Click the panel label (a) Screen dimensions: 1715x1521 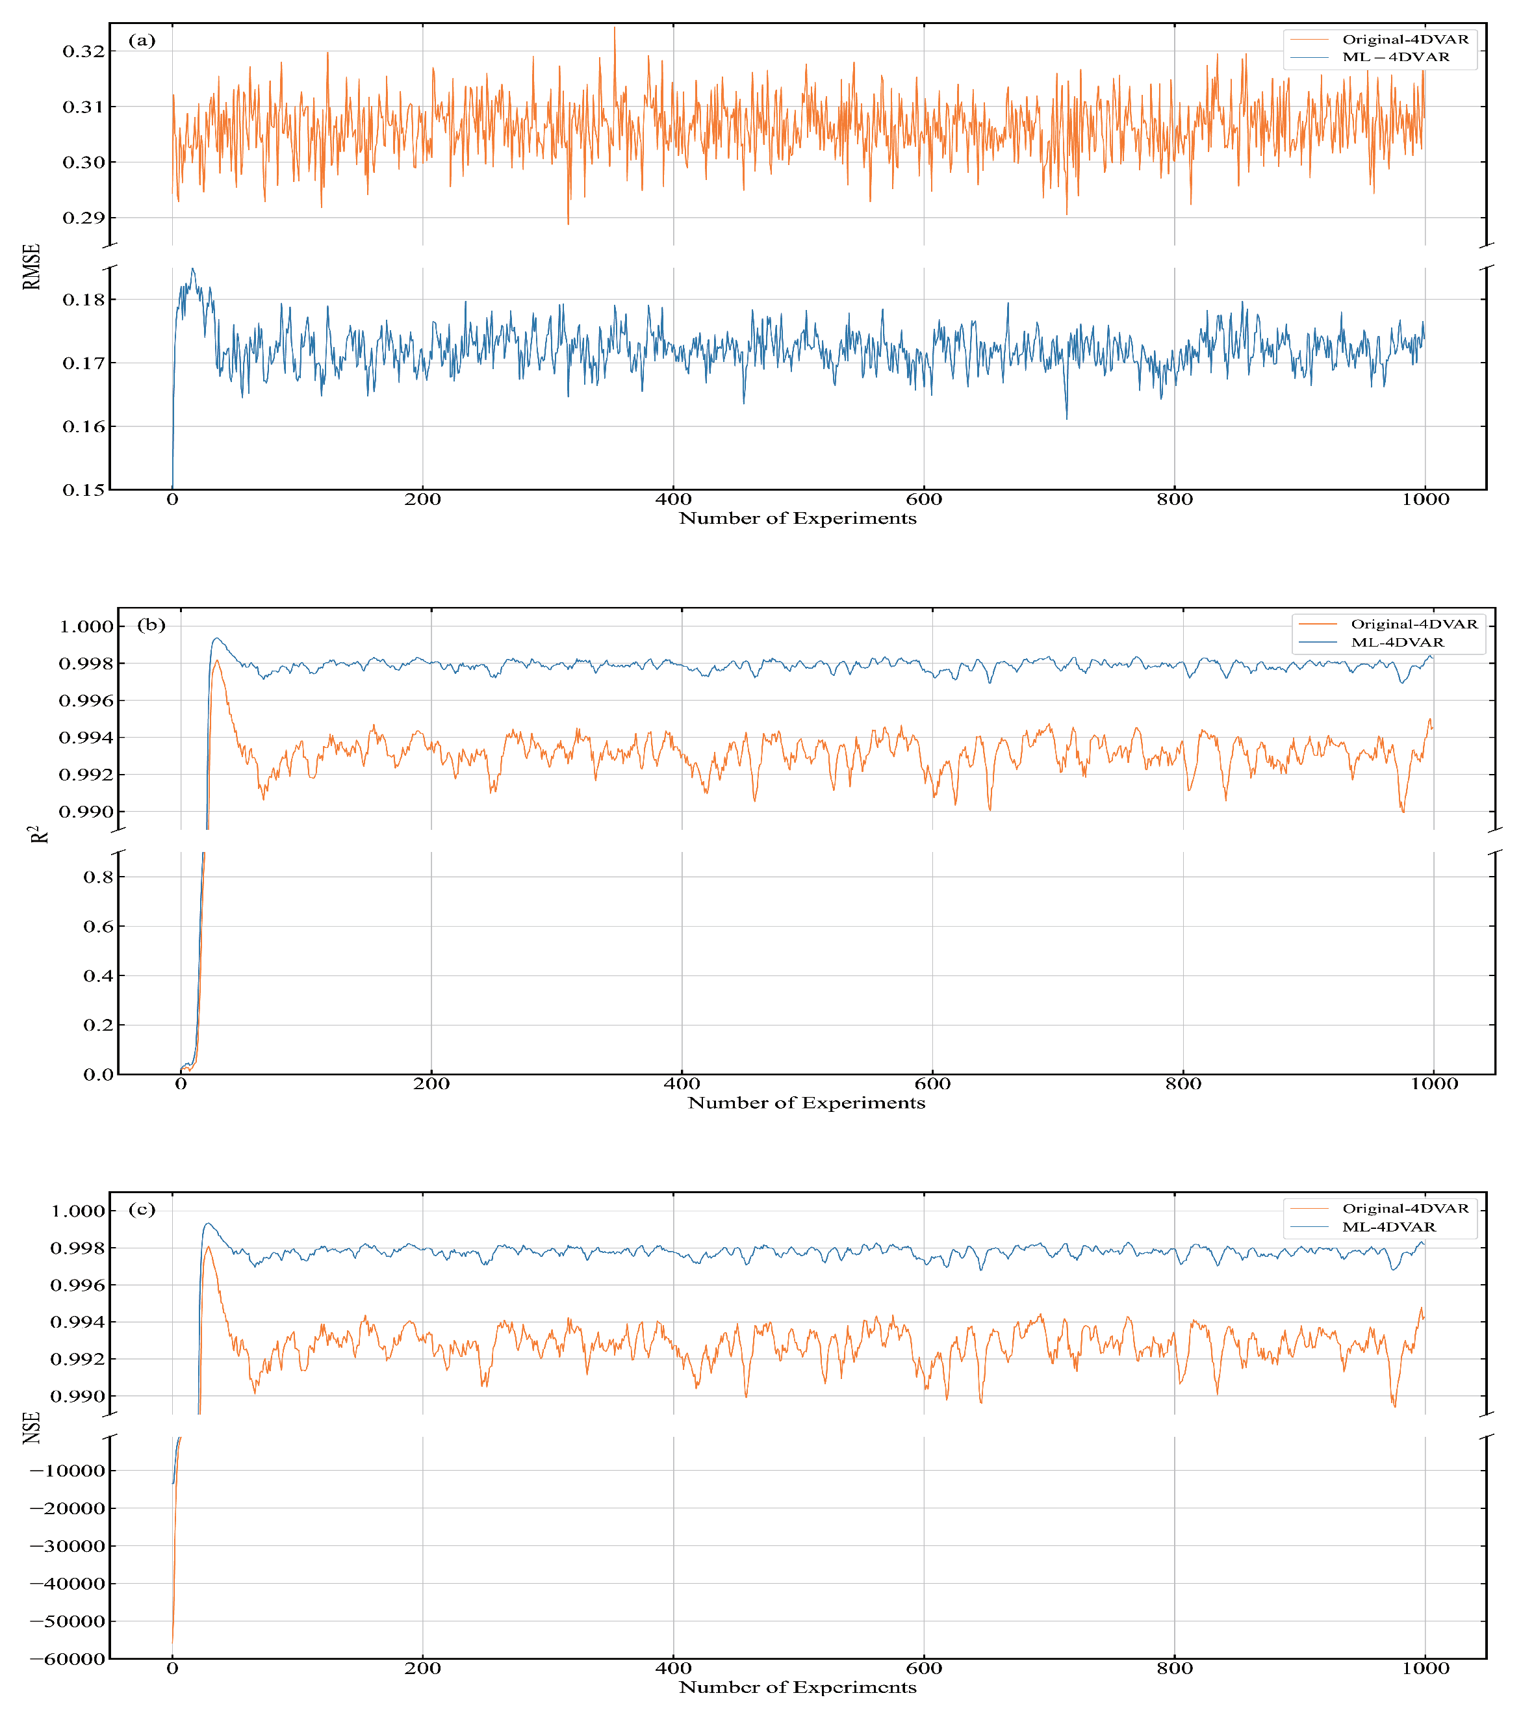(x=142, y=40)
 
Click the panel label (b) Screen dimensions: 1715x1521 (x=151, y=625)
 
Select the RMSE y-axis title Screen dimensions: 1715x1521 (x=32, y=267)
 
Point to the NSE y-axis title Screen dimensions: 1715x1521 (x=32, y=1427)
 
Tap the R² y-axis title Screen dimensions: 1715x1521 (x=38, y=835)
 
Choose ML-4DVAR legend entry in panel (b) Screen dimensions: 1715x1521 (x=1397, y=643)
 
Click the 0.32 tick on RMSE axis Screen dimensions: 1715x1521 (x=84, y=51)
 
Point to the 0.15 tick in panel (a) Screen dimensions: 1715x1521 (x=84, y=490)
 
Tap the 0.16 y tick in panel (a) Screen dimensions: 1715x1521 (x=84, y=426)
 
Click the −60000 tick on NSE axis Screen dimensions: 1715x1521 (x=67, y=1658)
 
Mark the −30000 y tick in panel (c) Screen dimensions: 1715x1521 (x=67, y=1546)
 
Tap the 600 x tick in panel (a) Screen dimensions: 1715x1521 (x=924, y=500)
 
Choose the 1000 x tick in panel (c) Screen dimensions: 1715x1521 (x=1425, y=1669)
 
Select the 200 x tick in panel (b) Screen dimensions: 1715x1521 (x=431, y=1084)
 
